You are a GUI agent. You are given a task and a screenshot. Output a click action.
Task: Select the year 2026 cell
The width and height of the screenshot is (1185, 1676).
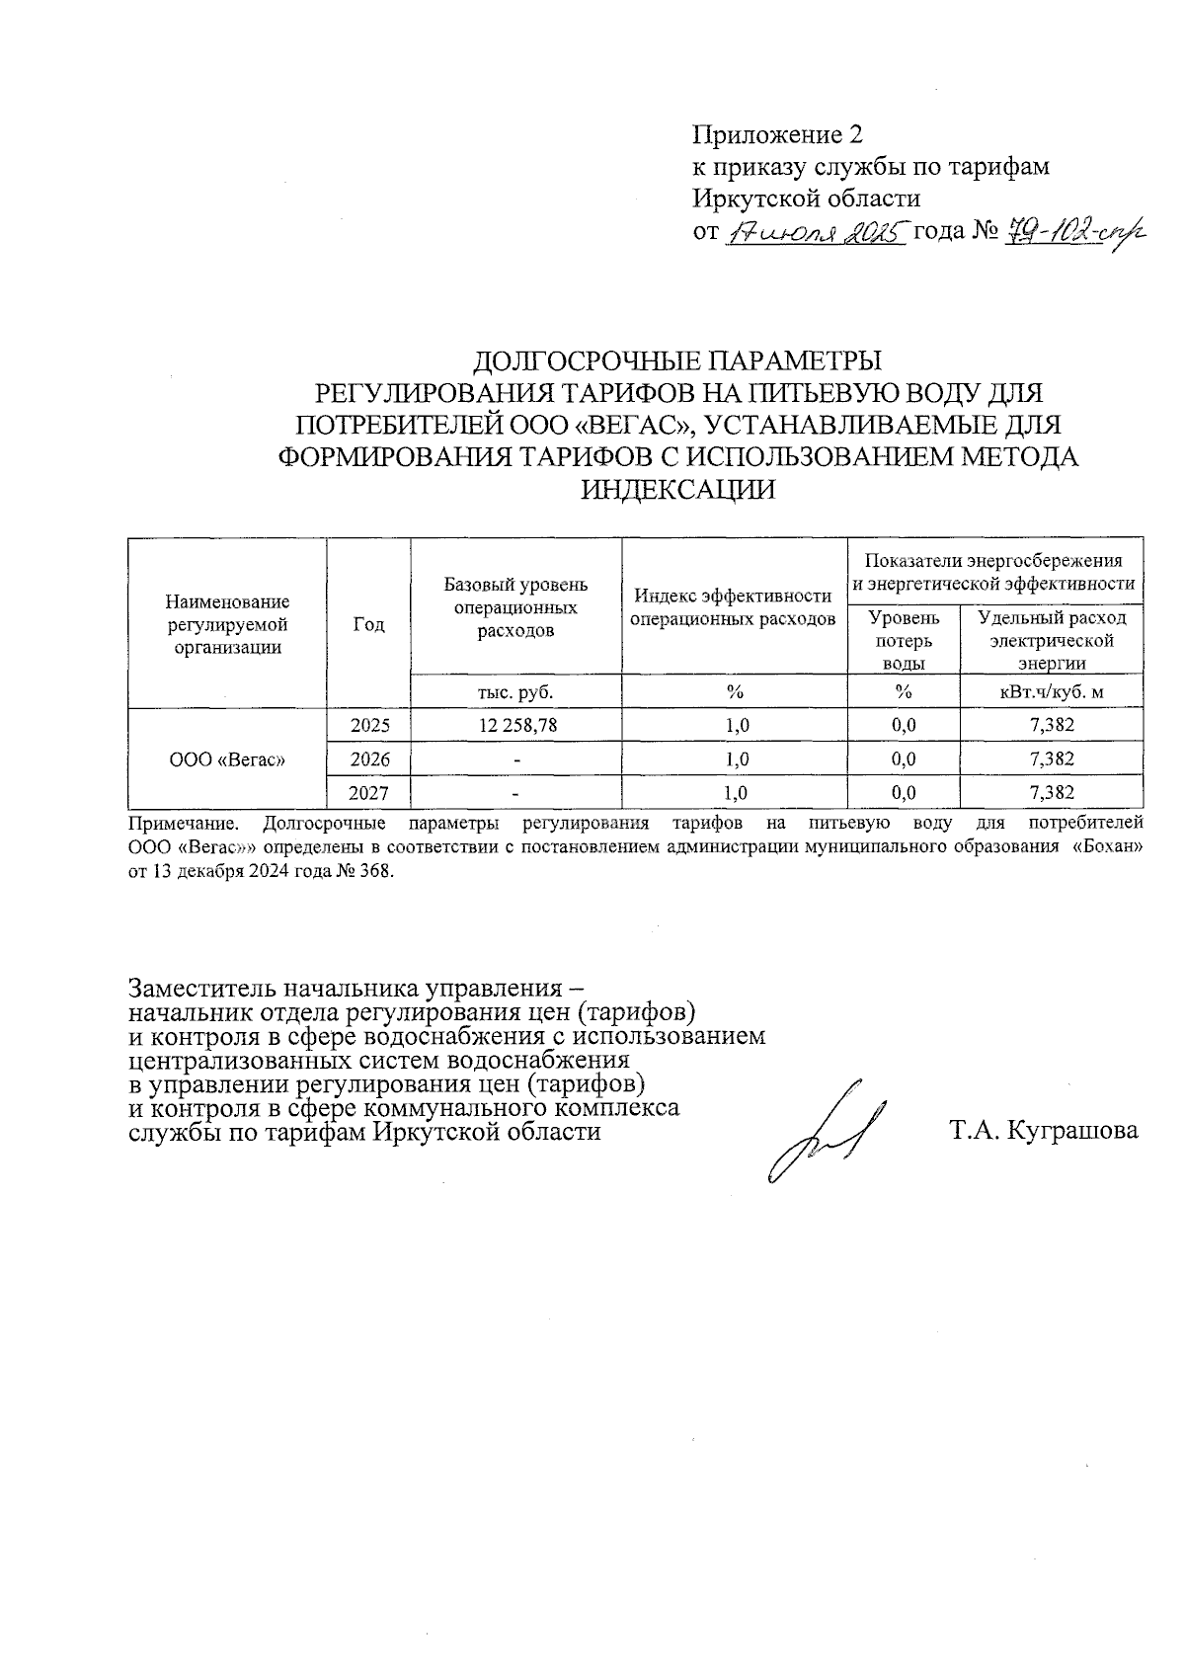tap(370, 758)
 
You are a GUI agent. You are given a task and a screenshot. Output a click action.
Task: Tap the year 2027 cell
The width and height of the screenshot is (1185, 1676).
tap(370, 792)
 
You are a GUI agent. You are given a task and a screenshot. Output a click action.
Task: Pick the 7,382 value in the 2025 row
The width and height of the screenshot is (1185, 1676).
tap(1051, 725)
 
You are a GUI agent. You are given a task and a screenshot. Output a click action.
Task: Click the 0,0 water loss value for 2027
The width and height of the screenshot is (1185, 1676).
tap(903, 792)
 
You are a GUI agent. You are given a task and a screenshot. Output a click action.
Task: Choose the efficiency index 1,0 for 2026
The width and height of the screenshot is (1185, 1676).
tap(736, 758)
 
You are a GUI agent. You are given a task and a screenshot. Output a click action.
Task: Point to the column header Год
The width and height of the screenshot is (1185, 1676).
tap(368, 624)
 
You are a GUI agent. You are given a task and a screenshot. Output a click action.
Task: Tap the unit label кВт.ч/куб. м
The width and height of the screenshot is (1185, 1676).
tap(1051, 691)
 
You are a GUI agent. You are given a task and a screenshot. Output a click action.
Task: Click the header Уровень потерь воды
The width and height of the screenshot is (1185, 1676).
tap(903, 640)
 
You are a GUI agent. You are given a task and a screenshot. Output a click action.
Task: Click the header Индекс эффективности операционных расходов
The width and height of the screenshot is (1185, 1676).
tap(734, 607)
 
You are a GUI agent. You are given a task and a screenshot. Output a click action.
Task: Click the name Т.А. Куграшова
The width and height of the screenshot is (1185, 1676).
tap(1044, 1130)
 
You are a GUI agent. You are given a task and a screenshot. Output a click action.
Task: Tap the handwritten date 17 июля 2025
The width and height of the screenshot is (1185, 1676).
tap(816, 233)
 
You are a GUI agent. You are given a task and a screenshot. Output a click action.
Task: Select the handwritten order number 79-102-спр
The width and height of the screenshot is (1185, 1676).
tap(1068, 233)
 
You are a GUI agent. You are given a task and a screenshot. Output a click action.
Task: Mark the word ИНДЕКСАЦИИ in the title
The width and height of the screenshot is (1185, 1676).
tap(677, 489)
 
